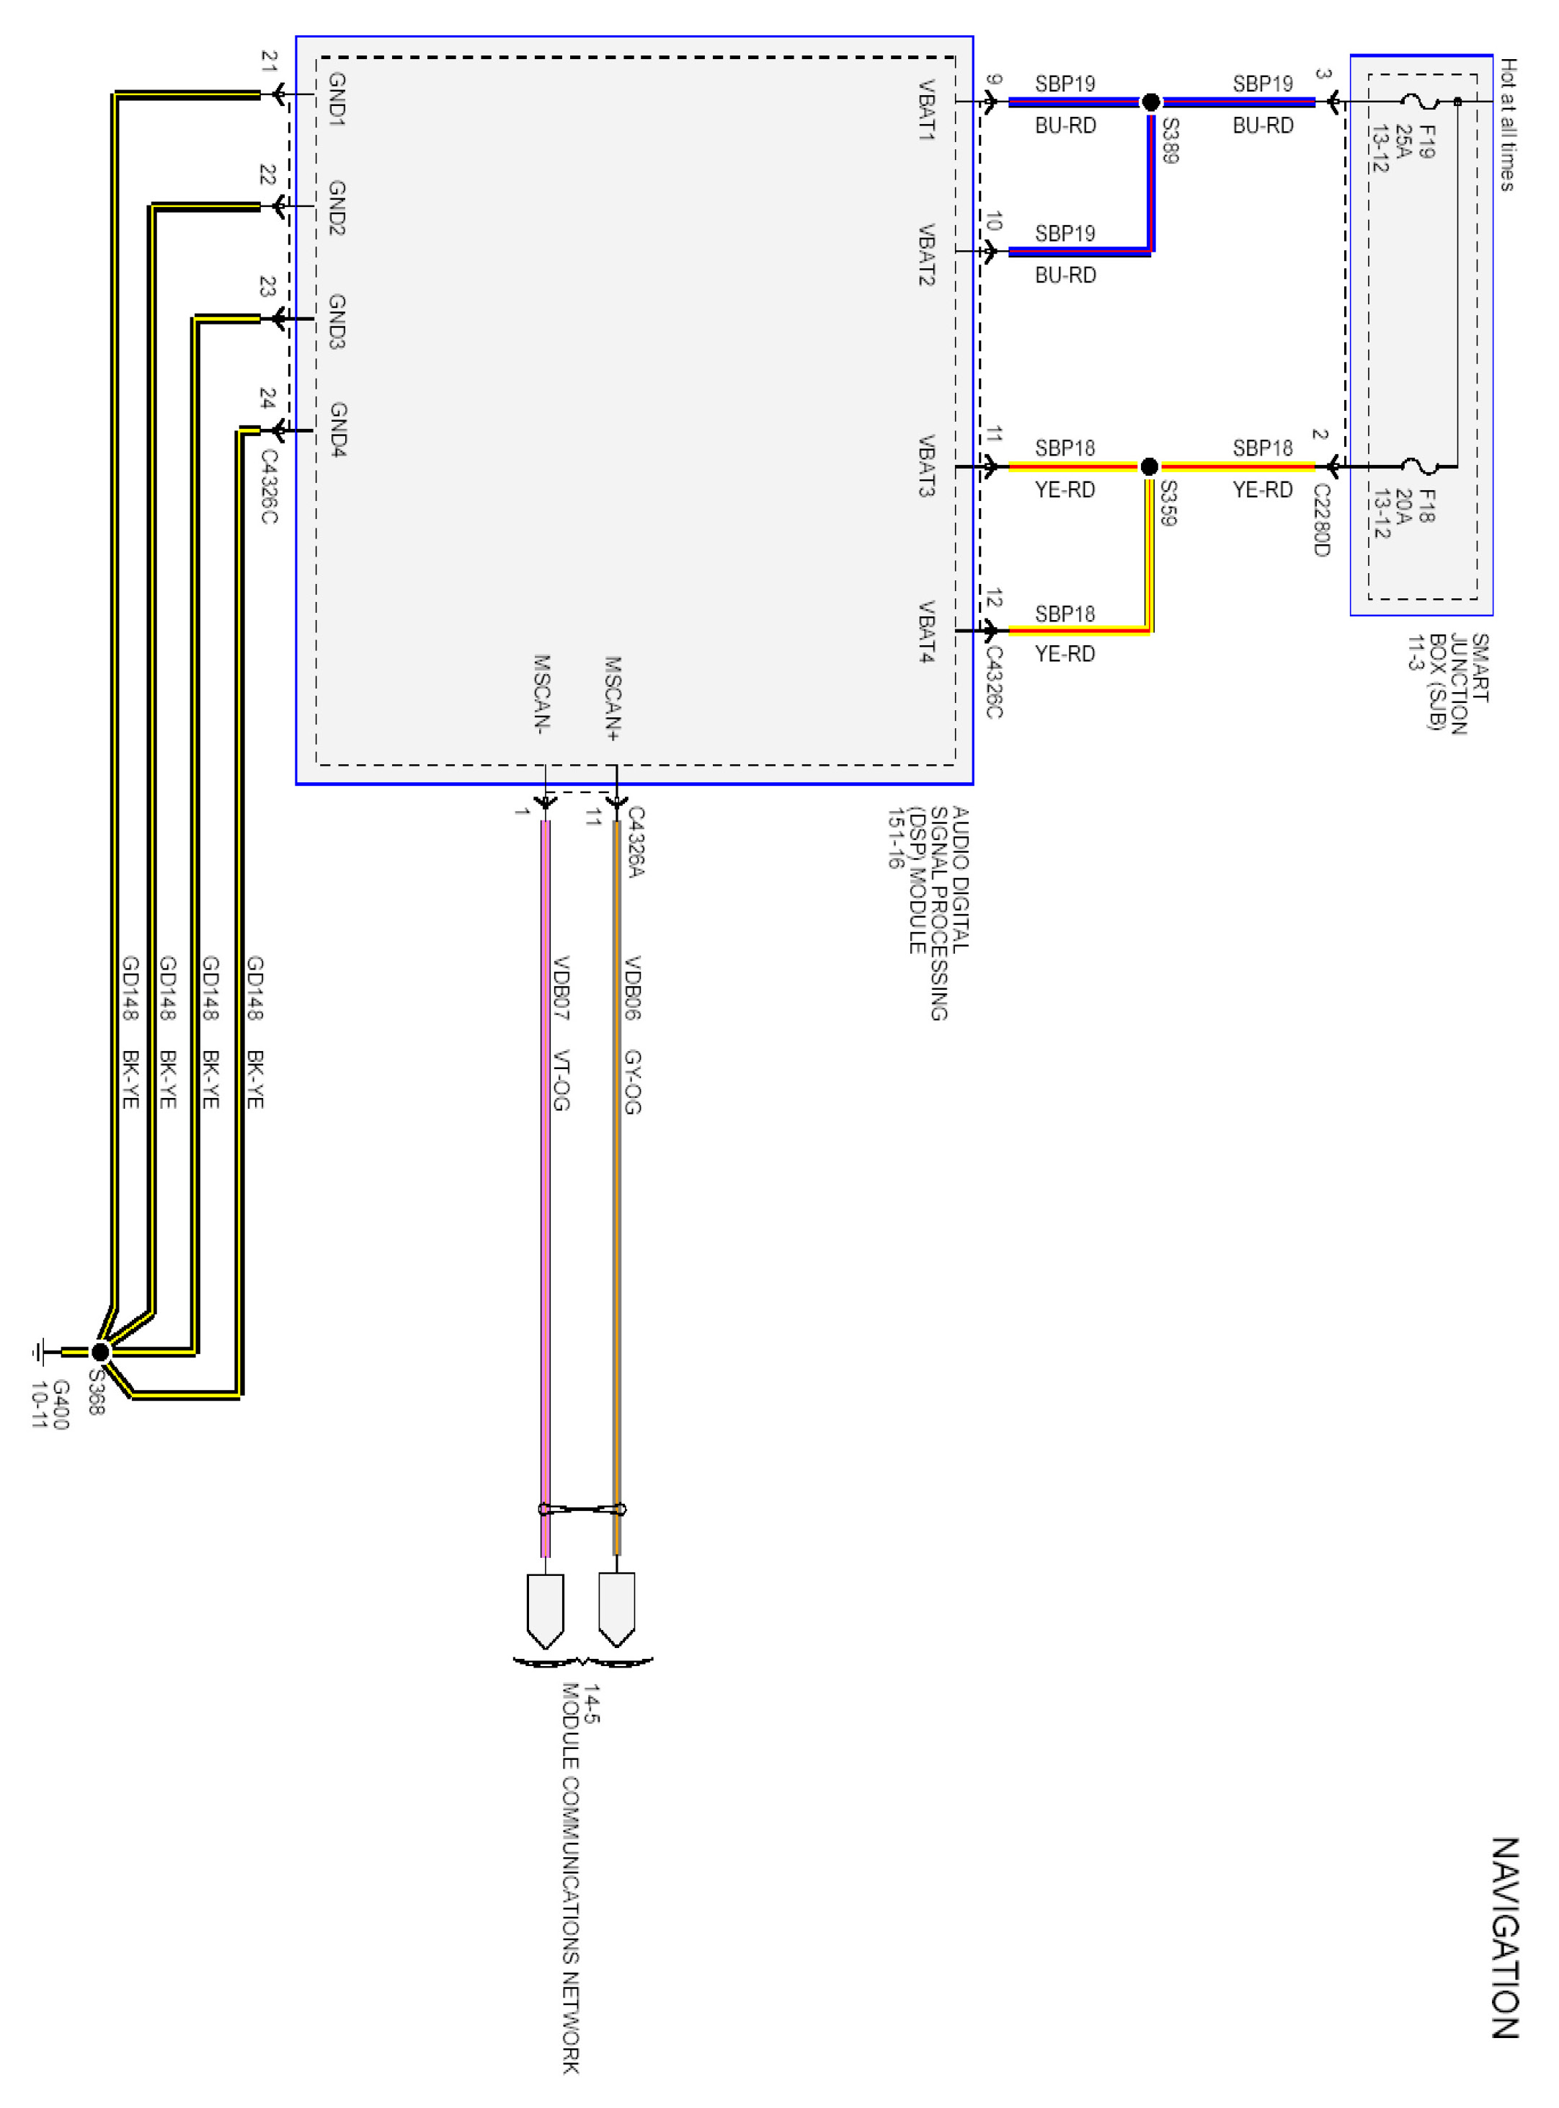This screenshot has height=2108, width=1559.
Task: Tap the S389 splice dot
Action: click(x=1150, y=102)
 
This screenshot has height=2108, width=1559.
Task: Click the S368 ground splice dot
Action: click(x=100, y=1352)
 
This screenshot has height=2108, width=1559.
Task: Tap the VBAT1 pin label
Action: click(x=927, y=110)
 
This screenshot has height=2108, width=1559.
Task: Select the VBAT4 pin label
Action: click(x=927, y=632)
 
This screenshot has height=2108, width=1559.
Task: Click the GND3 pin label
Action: click(x=337, y=321)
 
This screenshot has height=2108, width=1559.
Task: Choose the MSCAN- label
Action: click(x=542, y=694)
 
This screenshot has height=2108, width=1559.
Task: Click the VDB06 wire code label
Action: click(x=631, y=988)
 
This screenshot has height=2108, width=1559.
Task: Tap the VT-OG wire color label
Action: click(x=561, y=1080)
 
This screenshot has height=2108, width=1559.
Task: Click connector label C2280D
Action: click(x=1321, y=521)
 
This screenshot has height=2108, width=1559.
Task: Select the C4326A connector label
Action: click(x=636, y=842)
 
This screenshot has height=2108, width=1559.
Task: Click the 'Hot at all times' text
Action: click(x=1508, y=125)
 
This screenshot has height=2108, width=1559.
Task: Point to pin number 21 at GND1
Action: click(x=269, y=62)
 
